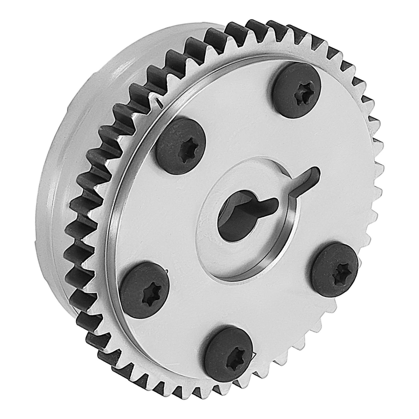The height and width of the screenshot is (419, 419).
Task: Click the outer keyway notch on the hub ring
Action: coord(309,178)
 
